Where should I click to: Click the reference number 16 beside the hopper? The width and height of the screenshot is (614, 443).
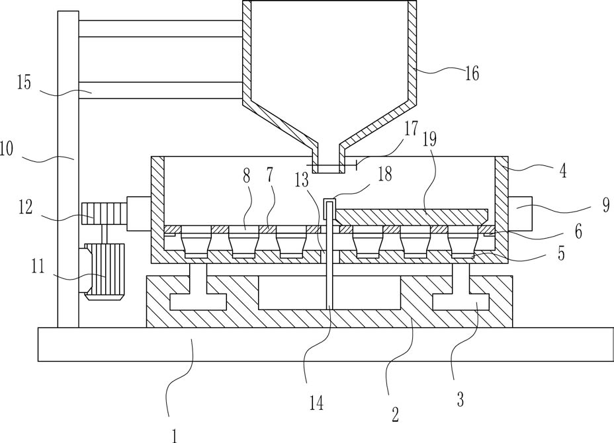click(x=472, y=73)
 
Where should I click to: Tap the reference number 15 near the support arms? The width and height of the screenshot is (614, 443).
click(x=24, y=83)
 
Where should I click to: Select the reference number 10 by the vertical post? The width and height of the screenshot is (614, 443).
click(x=7, y=149)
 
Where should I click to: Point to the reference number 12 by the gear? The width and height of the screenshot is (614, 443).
click(x=25, y=207)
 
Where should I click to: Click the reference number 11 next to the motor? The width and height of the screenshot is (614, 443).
click(x=38, y=268)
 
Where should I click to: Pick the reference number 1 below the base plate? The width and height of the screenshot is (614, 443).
click(x=175, y=436)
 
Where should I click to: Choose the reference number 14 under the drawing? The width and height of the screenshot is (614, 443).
click(x=316, y=403)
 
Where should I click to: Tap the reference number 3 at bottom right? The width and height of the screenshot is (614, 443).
click(x=460, y=399)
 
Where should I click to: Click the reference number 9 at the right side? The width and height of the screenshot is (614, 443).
click(x=606, y=205)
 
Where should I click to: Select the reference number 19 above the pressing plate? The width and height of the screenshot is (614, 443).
click(x=429, y=139)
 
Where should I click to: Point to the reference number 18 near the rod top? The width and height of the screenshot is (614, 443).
click(x=385, y=174)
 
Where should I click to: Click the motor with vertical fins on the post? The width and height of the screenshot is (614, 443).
click(x=104, y=272)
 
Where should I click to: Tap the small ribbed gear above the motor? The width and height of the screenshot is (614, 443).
click(x=104, y=214)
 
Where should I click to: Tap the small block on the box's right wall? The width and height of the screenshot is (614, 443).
click(x=521, y=214)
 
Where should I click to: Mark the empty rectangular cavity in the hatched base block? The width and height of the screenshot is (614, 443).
click(x=329, y=292)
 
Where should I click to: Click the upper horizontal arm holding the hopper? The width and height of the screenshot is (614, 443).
click(x=160, y=28)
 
